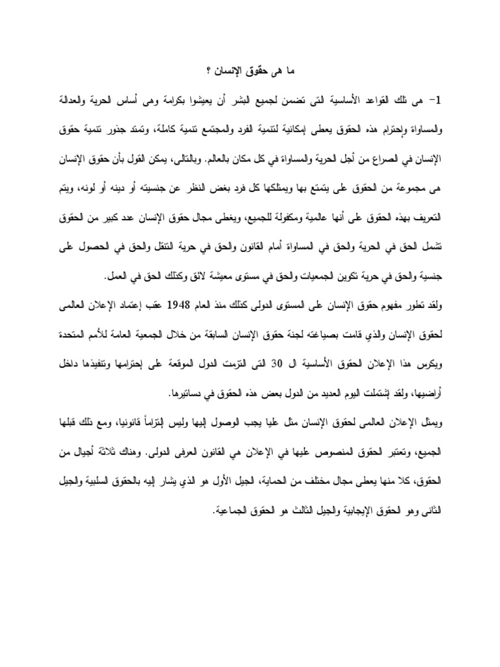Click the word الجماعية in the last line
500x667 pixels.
click(235, 509)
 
